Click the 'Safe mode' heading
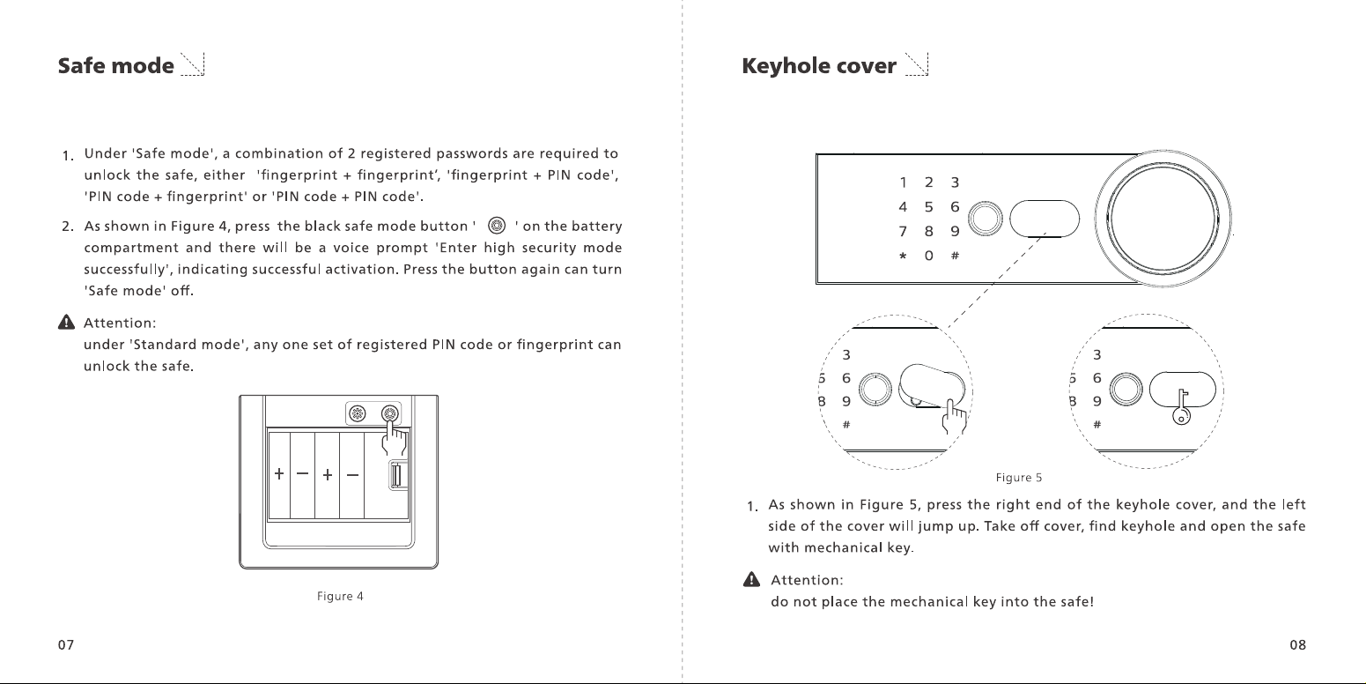(116, 65)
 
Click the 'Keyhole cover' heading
(819, 65)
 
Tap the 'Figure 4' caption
(340, 596)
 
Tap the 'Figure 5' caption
(1018, 477)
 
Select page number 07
(66, 645)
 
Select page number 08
(1297, 645)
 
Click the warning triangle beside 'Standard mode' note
(66, 323)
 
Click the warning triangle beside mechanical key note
(751, 579)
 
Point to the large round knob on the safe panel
(1163, 219)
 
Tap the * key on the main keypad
(903, 256)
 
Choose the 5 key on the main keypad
(928, 207)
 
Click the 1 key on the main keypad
(903, 182)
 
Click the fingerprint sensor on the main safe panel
(986, 219)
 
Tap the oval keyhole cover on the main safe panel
(1045, 219)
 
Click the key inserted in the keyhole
(1182, 407)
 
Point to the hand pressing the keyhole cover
(955, 417)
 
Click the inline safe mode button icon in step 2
(497, 226)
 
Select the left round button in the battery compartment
(358, 413)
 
